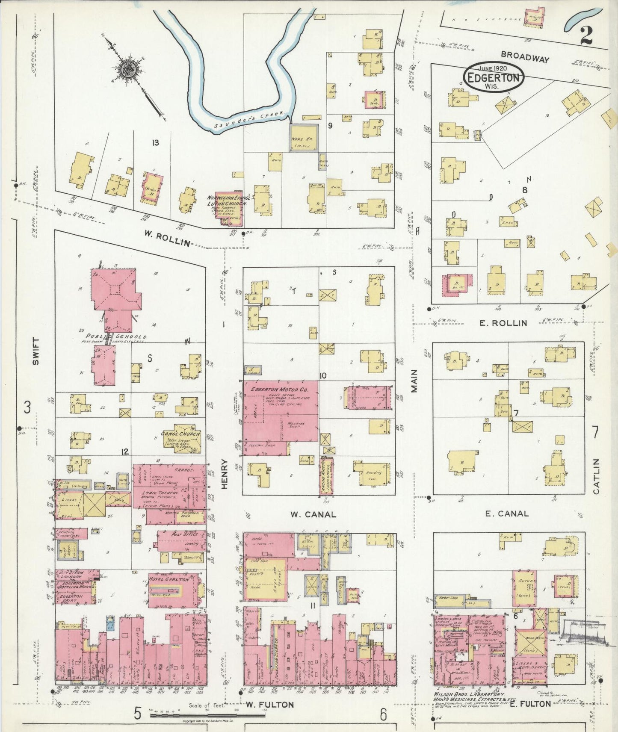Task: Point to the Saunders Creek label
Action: pyautogui.click(x=247, y=118)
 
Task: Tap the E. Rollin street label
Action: pyautogui.click(x=503, y=323)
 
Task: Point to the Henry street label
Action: pyautogui.click(x=225, y=473)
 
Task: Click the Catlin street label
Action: pyautogui.click(x=597, y=476)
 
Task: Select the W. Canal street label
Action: pyautogui.click(x=313, y=514)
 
